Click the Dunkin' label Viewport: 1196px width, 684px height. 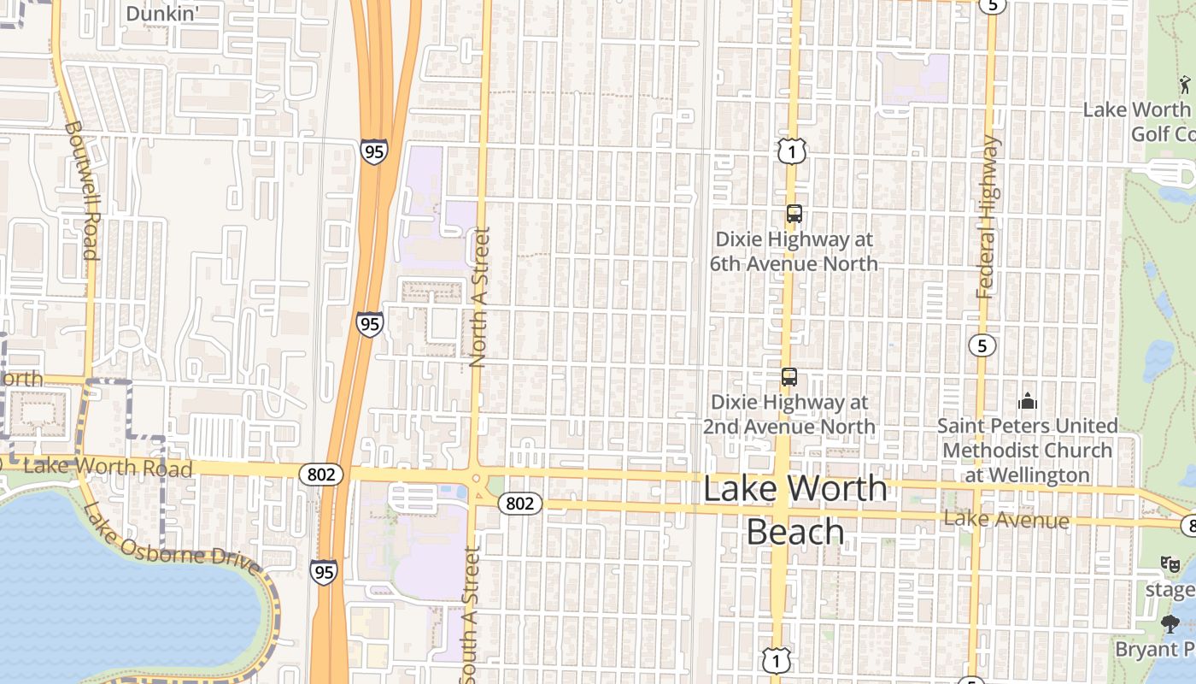point(162,14)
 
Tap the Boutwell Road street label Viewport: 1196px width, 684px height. point(82,190)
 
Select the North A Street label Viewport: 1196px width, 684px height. point(479,297)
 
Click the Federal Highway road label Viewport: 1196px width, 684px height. point(988,217)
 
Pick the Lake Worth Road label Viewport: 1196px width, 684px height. point(108,467)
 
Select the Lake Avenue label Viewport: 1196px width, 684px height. point(1006,520)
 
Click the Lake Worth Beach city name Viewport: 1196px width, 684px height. point(795,510)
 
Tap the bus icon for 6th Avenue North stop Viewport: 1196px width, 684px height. point(794,214)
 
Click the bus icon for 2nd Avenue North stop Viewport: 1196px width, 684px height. point(789,376)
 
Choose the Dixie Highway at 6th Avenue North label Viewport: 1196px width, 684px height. point(794,251)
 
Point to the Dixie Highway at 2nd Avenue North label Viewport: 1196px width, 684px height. point(789,414)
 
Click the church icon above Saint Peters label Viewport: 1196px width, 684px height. point(1027,400)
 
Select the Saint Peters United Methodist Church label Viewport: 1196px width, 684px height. point(1027,450)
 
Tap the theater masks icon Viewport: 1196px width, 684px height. point(1170,563)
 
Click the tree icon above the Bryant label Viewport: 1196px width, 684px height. point(1170,624)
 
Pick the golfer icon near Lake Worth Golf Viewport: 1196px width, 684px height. point(1185,84)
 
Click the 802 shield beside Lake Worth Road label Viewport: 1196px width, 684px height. point(321,474)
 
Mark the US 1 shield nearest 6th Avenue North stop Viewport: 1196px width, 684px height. point(792,152)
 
